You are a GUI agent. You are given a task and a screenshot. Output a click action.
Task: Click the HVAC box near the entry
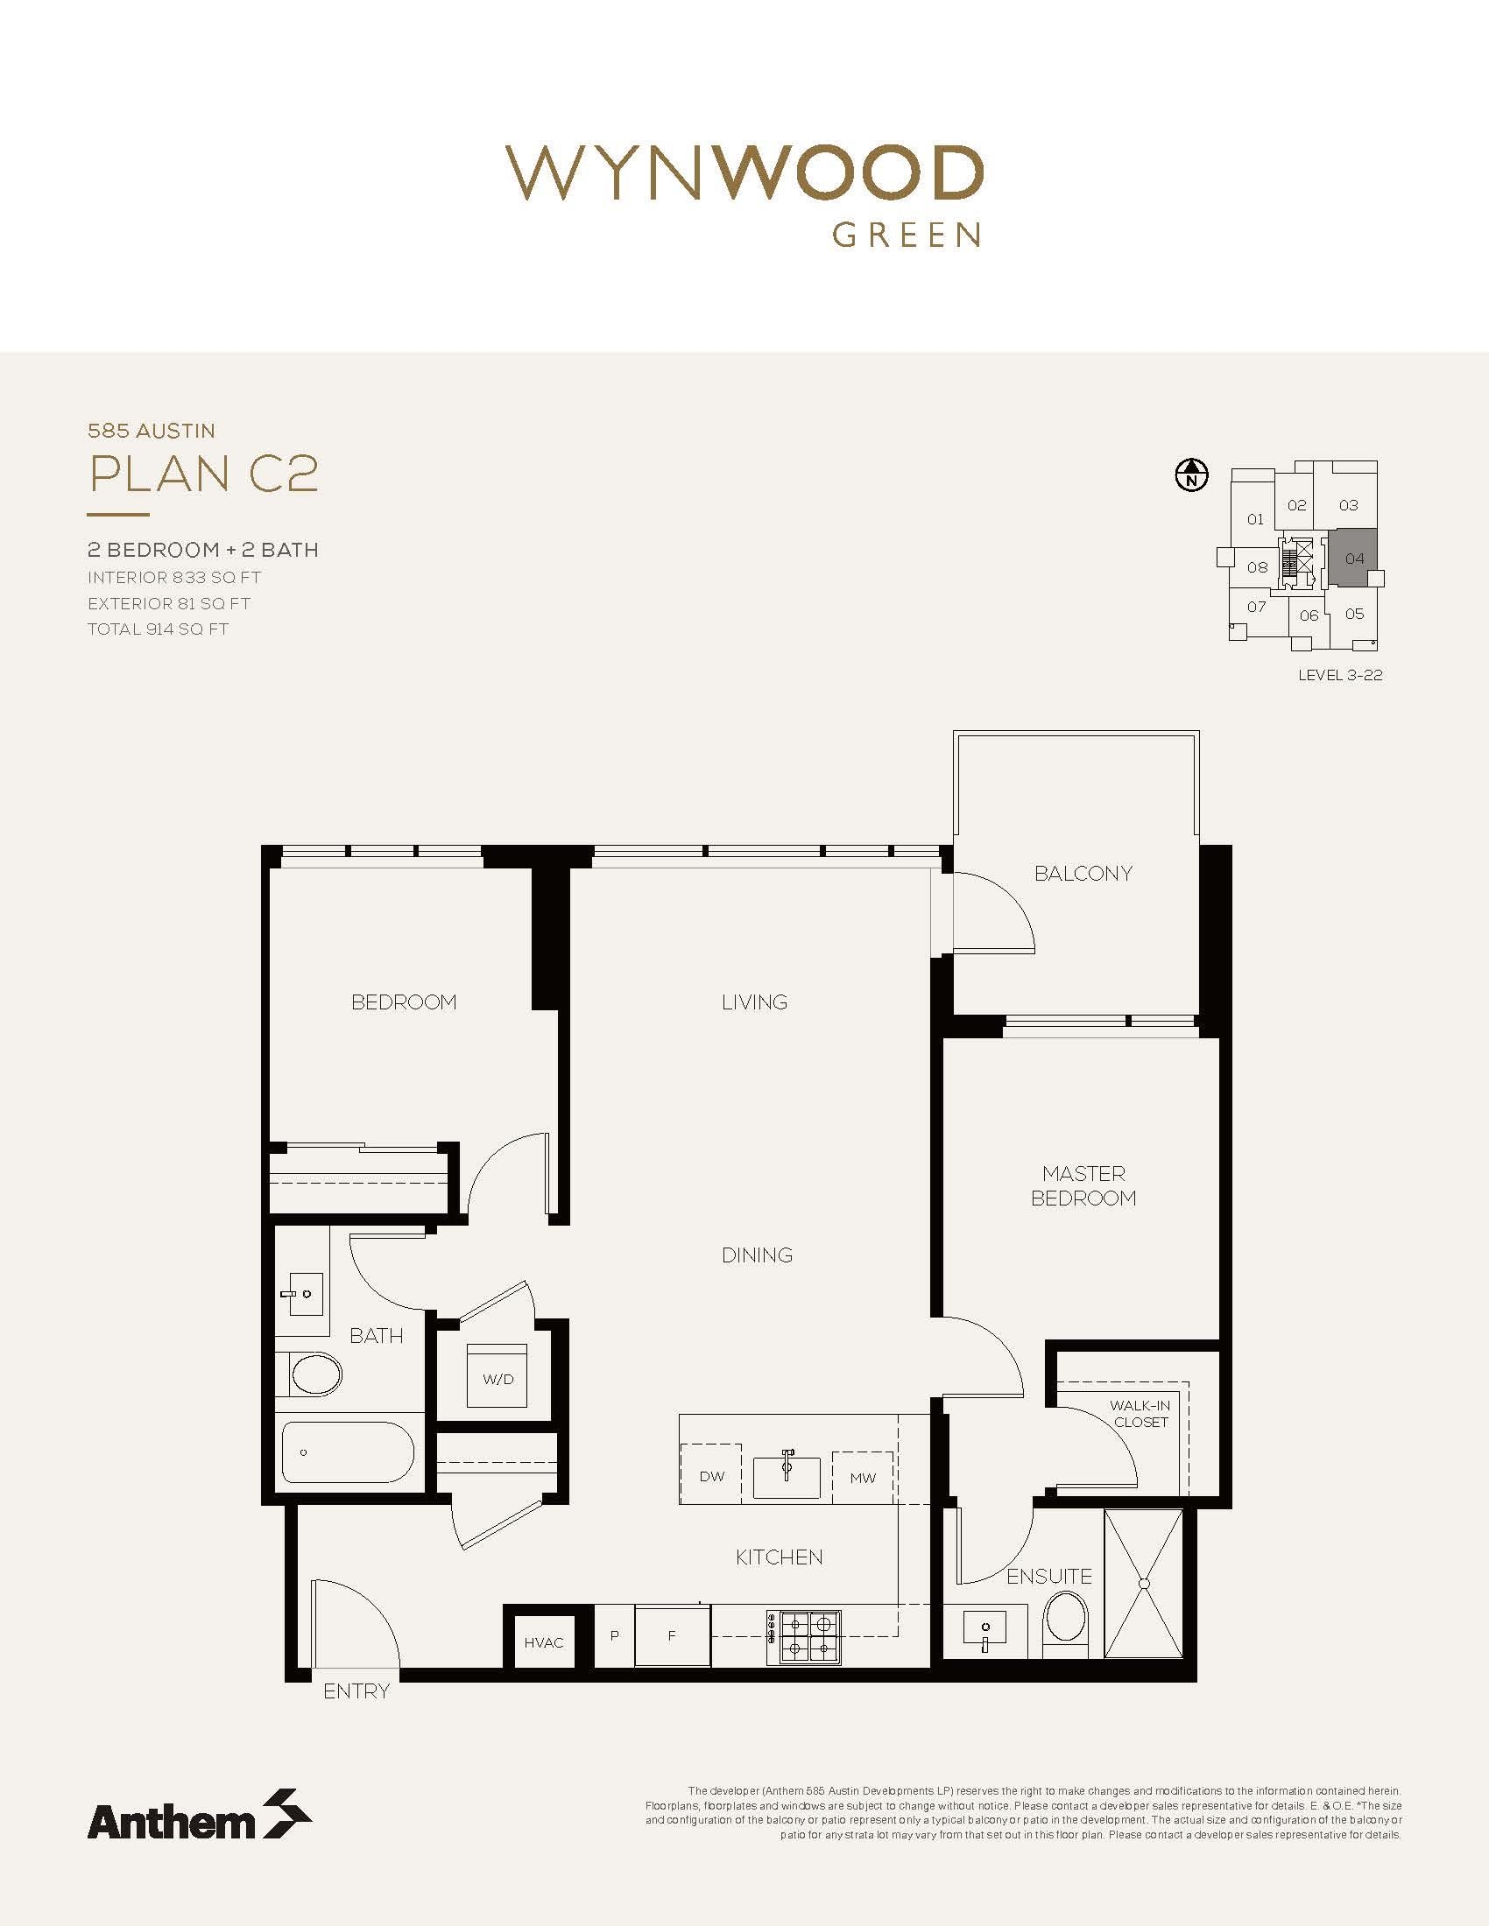click(543, 1641)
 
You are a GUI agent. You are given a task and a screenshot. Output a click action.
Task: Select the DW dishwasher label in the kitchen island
click(711, 1475)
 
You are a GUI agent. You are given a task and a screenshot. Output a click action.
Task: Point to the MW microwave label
click(863, 1477)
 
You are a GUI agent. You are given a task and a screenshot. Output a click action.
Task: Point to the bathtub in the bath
click(348, 1452)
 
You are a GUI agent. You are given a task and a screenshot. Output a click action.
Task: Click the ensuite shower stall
click(1144, 1584)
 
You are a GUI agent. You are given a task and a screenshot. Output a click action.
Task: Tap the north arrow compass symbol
click(1192, 476)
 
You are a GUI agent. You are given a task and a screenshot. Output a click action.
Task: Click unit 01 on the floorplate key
click(1255, 519)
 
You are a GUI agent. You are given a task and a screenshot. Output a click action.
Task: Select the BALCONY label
click(1083, 873)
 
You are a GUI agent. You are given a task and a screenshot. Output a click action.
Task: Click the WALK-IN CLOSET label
click(1140, 1414)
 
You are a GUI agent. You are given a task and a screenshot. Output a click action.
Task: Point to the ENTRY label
click(356, 1691)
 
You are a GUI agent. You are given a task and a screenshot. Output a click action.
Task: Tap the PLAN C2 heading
click(204, 474)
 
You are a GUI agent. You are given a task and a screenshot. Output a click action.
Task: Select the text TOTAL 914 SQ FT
click(158, 629)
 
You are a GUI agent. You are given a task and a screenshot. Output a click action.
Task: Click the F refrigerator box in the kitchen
click(672, 1637)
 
